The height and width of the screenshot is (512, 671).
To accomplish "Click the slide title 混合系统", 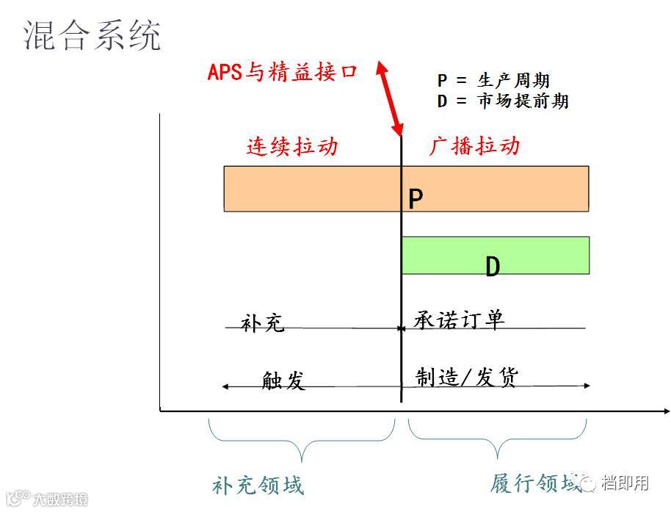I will pyautogui.click(x=92, y=35).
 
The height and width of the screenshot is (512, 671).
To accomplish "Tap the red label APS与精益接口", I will pyautogui.click(x=283, y=71).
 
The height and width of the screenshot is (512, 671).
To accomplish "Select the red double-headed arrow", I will pyautogui.click(x=390, y=98).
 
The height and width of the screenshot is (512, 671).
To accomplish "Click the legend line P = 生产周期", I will pyautogui.click(x=493, y=81).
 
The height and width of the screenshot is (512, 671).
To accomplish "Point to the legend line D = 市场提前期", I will pyautogui.click(x=503, y=101).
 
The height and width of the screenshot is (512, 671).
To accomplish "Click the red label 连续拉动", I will pyautogui.click(x=291, y=146).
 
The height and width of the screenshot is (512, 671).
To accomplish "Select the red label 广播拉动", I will pyautogui.click(x=474, y=145).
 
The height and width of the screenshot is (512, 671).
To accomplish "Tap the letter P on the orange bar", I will pyautogui.click(x=416, y=199).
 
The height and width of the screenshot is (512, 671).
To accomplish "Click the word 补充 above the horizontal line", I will pyautogui.click(x=262, y=323).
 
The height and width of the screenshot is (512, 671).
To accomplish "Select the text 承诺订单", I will pyautogui.click(x=459, y=320).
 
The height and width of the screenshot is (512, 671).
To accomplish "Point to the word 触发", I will pyautogui.click(x=283, y=380).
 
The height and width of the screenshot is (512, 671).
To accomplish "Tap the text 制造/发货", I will pyautogui.click(x=467, y=377).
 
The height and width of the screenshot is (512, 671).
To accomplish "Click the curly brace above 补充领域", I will pyautogui.click(x=301, y=441).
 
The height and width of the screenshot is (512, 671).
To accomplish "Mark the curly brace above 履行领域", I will pyautogui.click(x=498, y=439).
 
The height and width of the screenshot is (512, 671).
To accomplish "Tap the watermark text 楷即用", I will pyautogui.click(x=625, y=483).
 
